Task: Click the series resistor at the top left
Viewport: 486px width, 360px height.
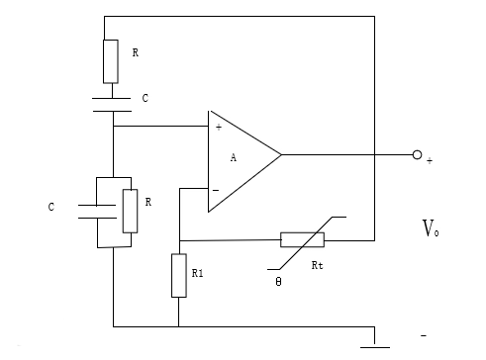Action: [x=111, y=60]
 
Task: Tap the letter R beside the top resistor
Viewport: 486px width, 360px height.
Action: [x=136, y=52]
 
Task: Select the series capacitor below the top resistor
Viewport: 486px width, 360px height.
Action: [x=113, y=104]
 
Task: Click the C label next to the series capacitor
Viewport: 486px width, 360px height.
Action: [x=146, y=99]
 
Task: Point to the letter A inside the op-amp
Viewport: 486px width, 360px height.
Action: [x=234, y=157]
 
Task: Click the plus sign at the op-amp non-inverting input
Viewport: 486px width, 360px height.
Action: [x=218, y=127]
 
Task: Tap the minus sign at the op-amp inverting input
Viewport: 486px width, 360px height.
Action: [x=216, y=189]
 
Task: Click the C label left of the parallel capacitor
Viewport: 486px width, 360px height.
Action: [x=51, y=208]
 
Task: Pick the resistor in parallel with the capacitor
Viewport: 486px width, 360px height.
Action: [x=130, y=210]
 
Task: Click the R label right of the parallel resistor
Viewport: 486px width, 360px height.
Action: [x=148, y=202]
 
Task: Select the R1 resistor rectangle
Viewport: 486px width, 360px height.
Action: [x=178, y=275]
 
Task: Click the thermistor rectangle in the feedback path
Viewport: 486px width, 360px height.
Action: [x=302, y=239]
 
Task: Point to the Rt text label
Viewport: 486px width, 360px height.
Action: [x=317, y=267]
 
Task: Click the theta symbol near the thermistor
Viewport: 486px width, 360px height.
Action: [x=279, y=282]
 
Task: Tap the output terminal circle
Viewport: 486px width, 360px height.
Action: [x=417, y=154]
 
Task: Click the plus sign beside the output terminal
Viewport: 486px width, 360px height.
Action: [x=430, y=160]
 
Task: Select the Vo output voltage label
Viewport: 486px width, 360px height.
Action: [x=431, y=230]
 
